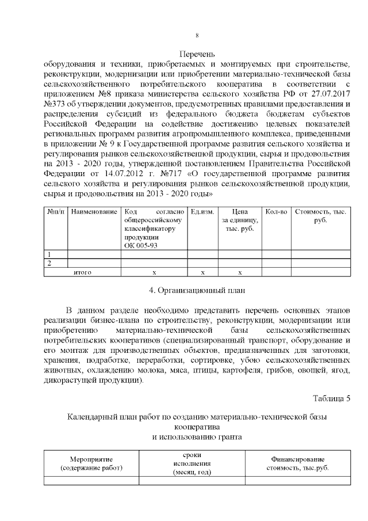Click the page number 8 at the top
[x=197, y=36]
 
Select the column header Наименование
[x=94, y=212]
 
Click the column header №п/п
[x=56, y=212]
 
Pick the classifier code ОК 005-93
[x=140, y=245]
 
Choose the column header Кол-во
[x=277, y=212]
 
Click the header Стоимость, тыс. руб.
[x=320, y=216]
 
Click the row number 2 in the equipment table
[x=49, y=263]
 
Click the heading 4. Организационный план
[x=197, y=290]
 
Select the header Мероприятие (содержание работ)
[x=91, y=463]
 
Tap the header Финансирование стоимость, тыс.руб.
[x=297, y=463]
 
